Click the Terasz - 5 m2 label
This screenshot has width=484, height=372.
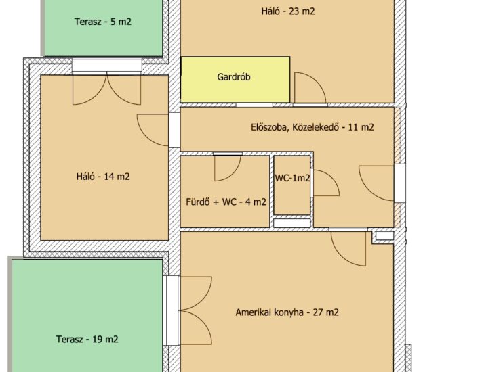103,22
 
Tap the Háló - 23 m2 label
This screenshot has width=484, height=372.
288,11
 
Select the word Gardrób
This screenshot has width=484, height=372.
234,77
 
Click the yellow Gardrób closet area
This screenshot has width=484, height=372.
235,79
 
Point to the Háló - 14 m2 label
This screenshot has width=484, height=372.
103,177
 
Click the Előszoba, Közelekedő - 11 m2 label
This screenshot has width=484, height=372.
312,127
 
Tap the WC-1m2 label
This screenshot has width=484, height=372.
292,178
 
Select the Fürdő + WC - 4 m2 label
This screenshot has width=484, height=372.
226,202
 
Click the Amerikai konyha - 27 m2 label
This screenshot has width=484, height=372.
287,312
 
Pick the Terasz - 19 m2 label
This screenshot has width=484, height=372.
87,339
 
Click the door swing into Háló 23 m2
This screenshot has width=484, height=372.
310,87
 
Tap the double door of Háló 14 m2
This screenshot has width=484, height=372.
107,89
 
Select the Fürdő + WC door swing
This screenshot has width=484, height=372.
228,168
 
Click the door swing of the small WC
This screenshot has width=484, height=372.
327,183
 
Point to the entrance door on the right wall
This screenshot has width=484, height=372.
376,183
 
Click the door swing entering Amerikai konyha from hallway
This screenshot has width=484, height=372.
348,248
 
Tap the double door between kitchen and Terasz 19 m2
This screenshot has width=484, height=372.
196,310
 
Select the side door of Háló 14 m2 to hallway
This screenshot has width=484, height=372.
153,130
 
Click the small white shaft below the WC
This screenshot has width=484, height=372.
292,223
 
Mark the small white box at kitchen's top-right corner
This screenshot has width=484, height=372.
384,236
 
